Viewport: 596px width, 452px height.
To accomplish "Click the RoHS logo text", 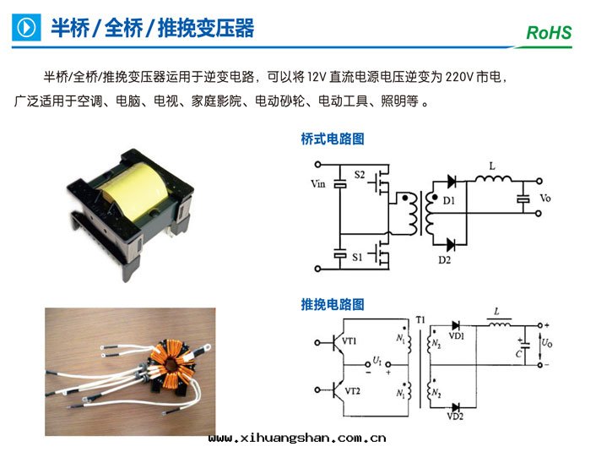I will (x=549, y=33).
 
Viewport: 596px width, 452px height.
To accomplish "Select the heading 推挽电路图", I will (x=333, y=303).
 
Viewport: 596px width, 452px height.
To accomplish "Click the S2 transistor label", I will (x=359, y=175).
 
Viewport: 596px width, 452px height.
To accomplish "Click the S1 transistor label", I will (x=359, y=255).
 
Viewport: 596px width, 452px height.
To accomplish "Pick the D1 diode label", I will (x=448, y=200).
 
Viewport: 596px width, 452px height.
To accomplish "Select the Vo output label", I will (x=545, y=199).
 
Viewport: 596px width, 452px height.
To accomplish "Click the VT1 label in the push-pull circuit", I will (x=350, y=340).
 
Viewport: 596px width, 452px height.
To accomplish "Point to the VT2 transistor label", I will (x=350, y=390).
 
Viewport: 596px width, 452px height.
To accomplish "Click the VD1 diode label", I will (x=457, y=335).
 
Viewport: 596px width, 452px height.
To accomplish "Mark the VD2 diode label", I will (x=455, y=417).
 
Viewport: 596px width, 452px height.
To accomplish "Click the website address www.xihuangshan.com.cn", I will (x=296, y=438).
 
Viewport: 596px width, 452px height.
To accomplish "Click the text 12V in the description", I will (x=317, y=78).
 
